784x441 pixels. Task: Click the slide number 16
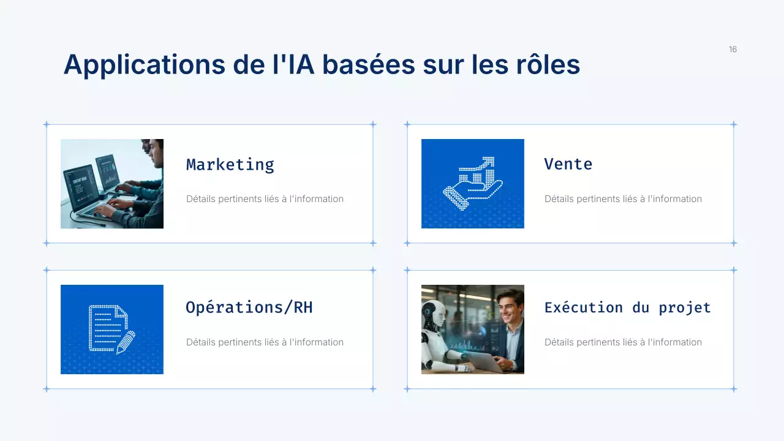pyautogui.click(x=733, y=50)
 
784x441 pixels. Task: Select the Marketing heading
pyautogui.click(x=230, y=164)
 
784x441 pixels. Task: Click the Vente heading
pyautogui.click(x=568, y=164)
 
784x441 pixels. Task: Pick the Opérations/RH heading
pyautogui.click(x=249, y=307)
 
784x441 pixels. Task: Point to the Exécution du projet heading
pyautogui.click(x=627, y=307)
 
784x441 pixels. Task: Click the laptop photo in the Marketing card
pyautogui.click(x=112, y=184)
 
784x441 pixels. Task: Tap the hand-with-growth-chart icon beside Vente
pyautogui.click(x=472, y=184)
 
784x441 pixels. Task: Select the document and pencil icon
pyautogui.click(x=111, y=329)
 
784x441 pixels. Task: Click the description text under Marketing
pyautogui.click(x=265, y=199)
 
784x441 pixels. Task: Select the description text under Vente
pyautogui.click(x=623, y=199)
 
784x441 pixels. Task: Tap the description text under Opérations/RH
pyautogui.click(x=265, y=342)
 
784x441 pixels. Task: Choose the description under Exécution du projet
pyautogui.click(x=623, y=342)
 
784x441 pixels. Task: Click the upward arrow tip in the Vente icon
pyautogui.click(x=489, y=161)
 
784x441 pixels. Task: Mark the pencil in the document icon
pyautogui.click(x=126, y=342)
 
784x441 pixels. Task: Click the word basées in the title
pyautogui.click(x=367, y=64)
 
